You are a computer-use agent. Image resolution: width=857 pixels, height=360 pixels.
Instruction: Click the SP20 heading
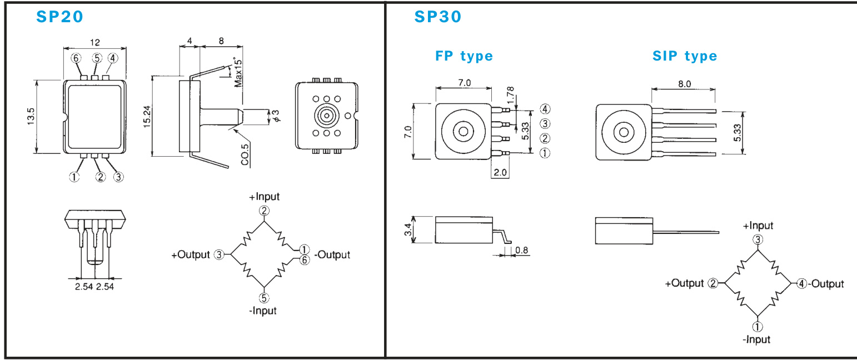pos(60,17)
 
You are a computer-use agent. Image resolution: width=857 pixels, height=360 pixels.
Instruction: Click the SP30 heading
pos(438,17)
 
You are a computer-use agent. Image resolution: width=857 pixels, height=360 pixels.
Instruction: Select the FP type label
pos(464,56)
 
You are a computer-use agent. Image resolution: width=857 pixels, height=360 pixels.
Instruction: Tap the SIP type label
pos(685,56)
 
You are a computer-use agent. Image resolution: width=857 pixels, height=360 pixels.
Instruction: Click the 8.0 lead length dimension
pos(684,84)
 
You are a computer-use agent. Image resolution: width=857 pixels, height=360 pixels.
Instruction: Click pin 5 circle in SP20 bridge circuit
pos(265,297)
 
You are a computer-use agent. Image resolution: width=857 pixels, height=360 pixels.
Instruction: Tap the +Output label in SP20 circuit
pos(190,255)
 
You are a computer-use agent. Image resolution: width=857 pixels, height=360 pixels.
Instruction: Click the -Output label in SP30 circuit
pos(826,284)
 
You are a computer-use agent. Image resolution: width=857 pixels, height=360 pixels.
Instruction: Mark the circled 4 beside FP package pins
pos(545,109)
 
